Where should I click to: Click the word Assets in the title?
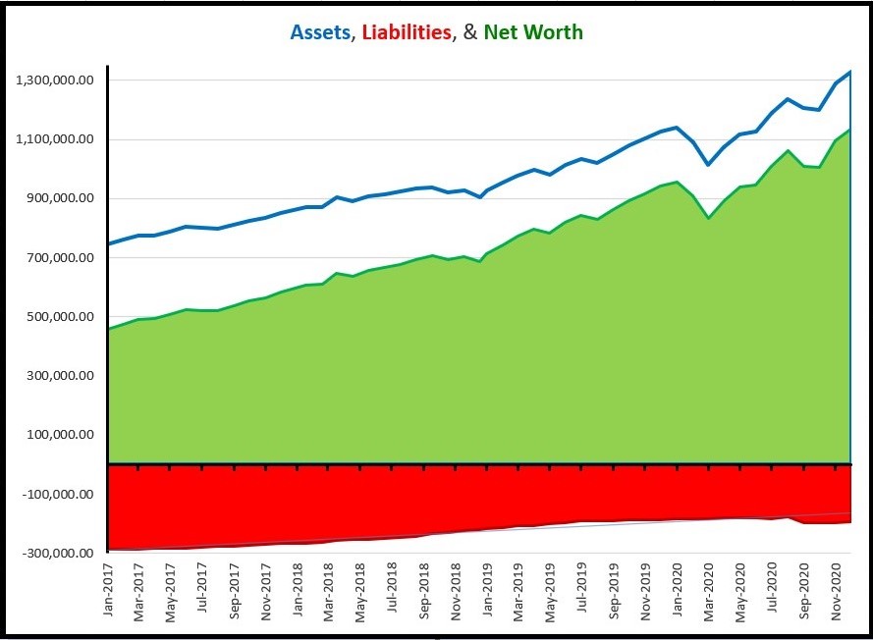(320, 32)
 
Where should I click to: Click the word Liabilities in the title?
(407, 32)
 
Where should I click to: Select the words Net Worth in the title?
(533, 32)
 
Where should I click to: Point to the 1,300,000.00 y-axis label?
(56, 80)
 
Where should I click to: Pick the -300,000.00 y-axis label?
(58, 554)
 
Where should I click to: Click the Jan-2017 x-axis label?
(109, 592)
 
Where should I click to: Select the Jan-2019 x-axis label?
(486, 592)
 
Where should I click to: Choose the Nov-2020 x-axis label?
(835, 592)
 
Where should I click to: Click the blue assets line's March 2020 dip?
(707, 164)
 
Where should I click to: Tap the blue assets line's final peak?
(849, 72)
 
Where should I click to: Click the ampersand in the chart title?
(468, 32)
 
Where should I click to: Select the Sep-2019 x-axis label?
(613, 592)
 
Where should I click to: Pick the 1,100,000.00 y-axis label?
(56, 139)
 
